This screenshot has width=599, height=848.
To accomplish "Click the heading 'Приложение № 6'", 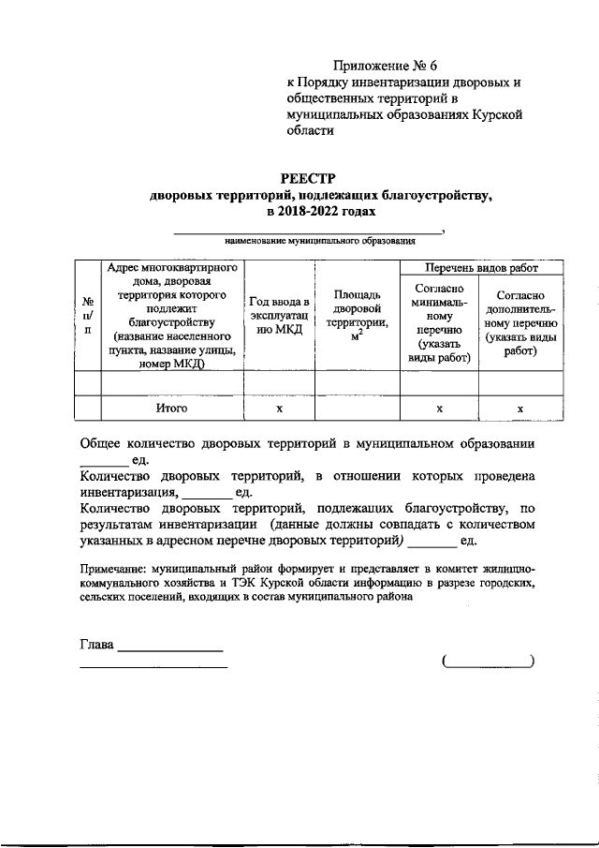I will coord(386,66).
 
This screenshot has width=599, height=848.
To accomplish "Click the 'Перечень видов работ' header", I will coord(481,267).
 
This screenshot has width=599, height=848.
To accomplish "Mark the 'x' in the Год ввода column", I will coord(279,409).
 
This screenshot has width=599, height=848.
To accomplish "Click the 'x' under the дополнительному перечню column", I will coord(520,409).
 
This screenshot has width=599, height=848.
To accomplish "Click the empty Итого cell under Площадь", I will coord(357,409).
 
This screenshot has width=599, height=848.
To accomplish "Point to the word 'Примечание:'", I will coord(112,568).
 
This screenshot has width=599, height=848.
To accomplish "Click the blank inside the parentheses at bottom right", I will coord(487,662).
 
